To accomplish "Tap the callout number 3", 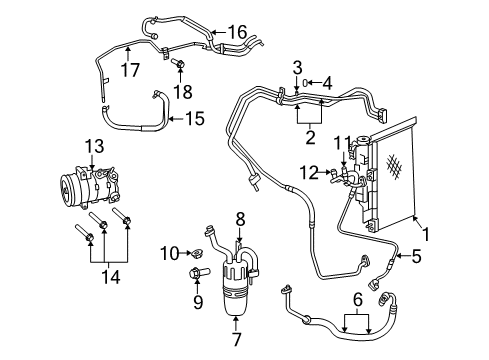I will point(297,66).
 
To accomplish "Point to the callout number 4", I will point(326,82).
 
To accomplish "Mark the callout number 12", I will point(312,173).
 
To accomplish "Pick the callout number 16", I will point(237,33).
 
